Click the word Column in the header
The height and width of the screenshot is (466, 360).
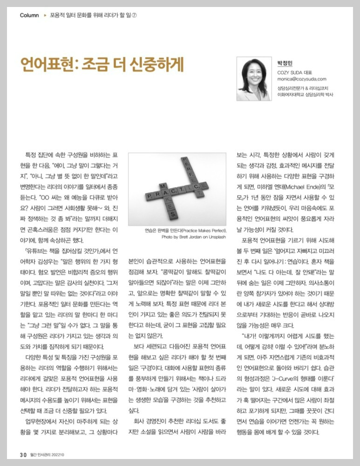coord(29,15)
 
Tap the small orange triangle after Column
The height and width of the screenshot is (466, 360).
coord(45,15)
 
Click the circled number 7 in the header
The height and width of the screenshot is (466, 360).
coord(134,15)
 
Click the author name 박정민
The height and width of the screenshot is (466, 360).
coord(284,63)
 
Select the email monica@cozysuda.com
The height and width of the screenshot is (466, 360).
coord(302,79)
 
